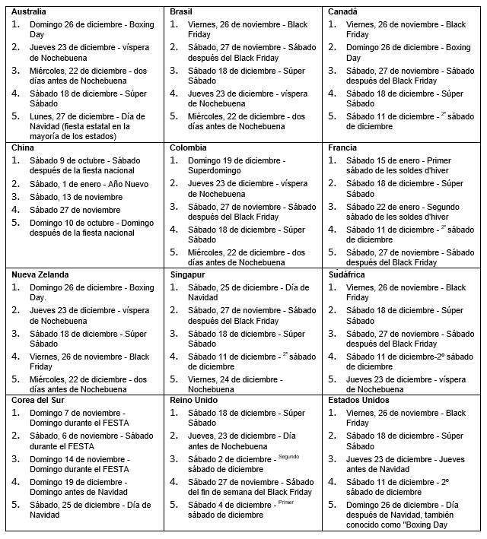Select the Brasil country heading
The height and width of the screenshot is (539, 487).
[181, 12]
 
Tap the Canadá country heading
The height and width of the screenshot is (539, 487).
[343, 12]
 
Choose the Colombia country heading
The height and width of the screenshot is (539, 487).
[189, 147]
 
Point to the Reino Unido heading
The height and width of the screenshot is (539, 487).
[194, 400]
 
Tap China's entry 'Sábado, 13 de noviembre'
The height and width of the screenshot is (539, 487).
[76, 196]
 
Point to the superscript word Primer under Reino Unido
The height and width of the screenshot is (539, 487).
[285, 502]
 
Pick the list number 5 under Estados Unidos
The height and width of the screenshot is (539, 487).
[333, 504]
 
